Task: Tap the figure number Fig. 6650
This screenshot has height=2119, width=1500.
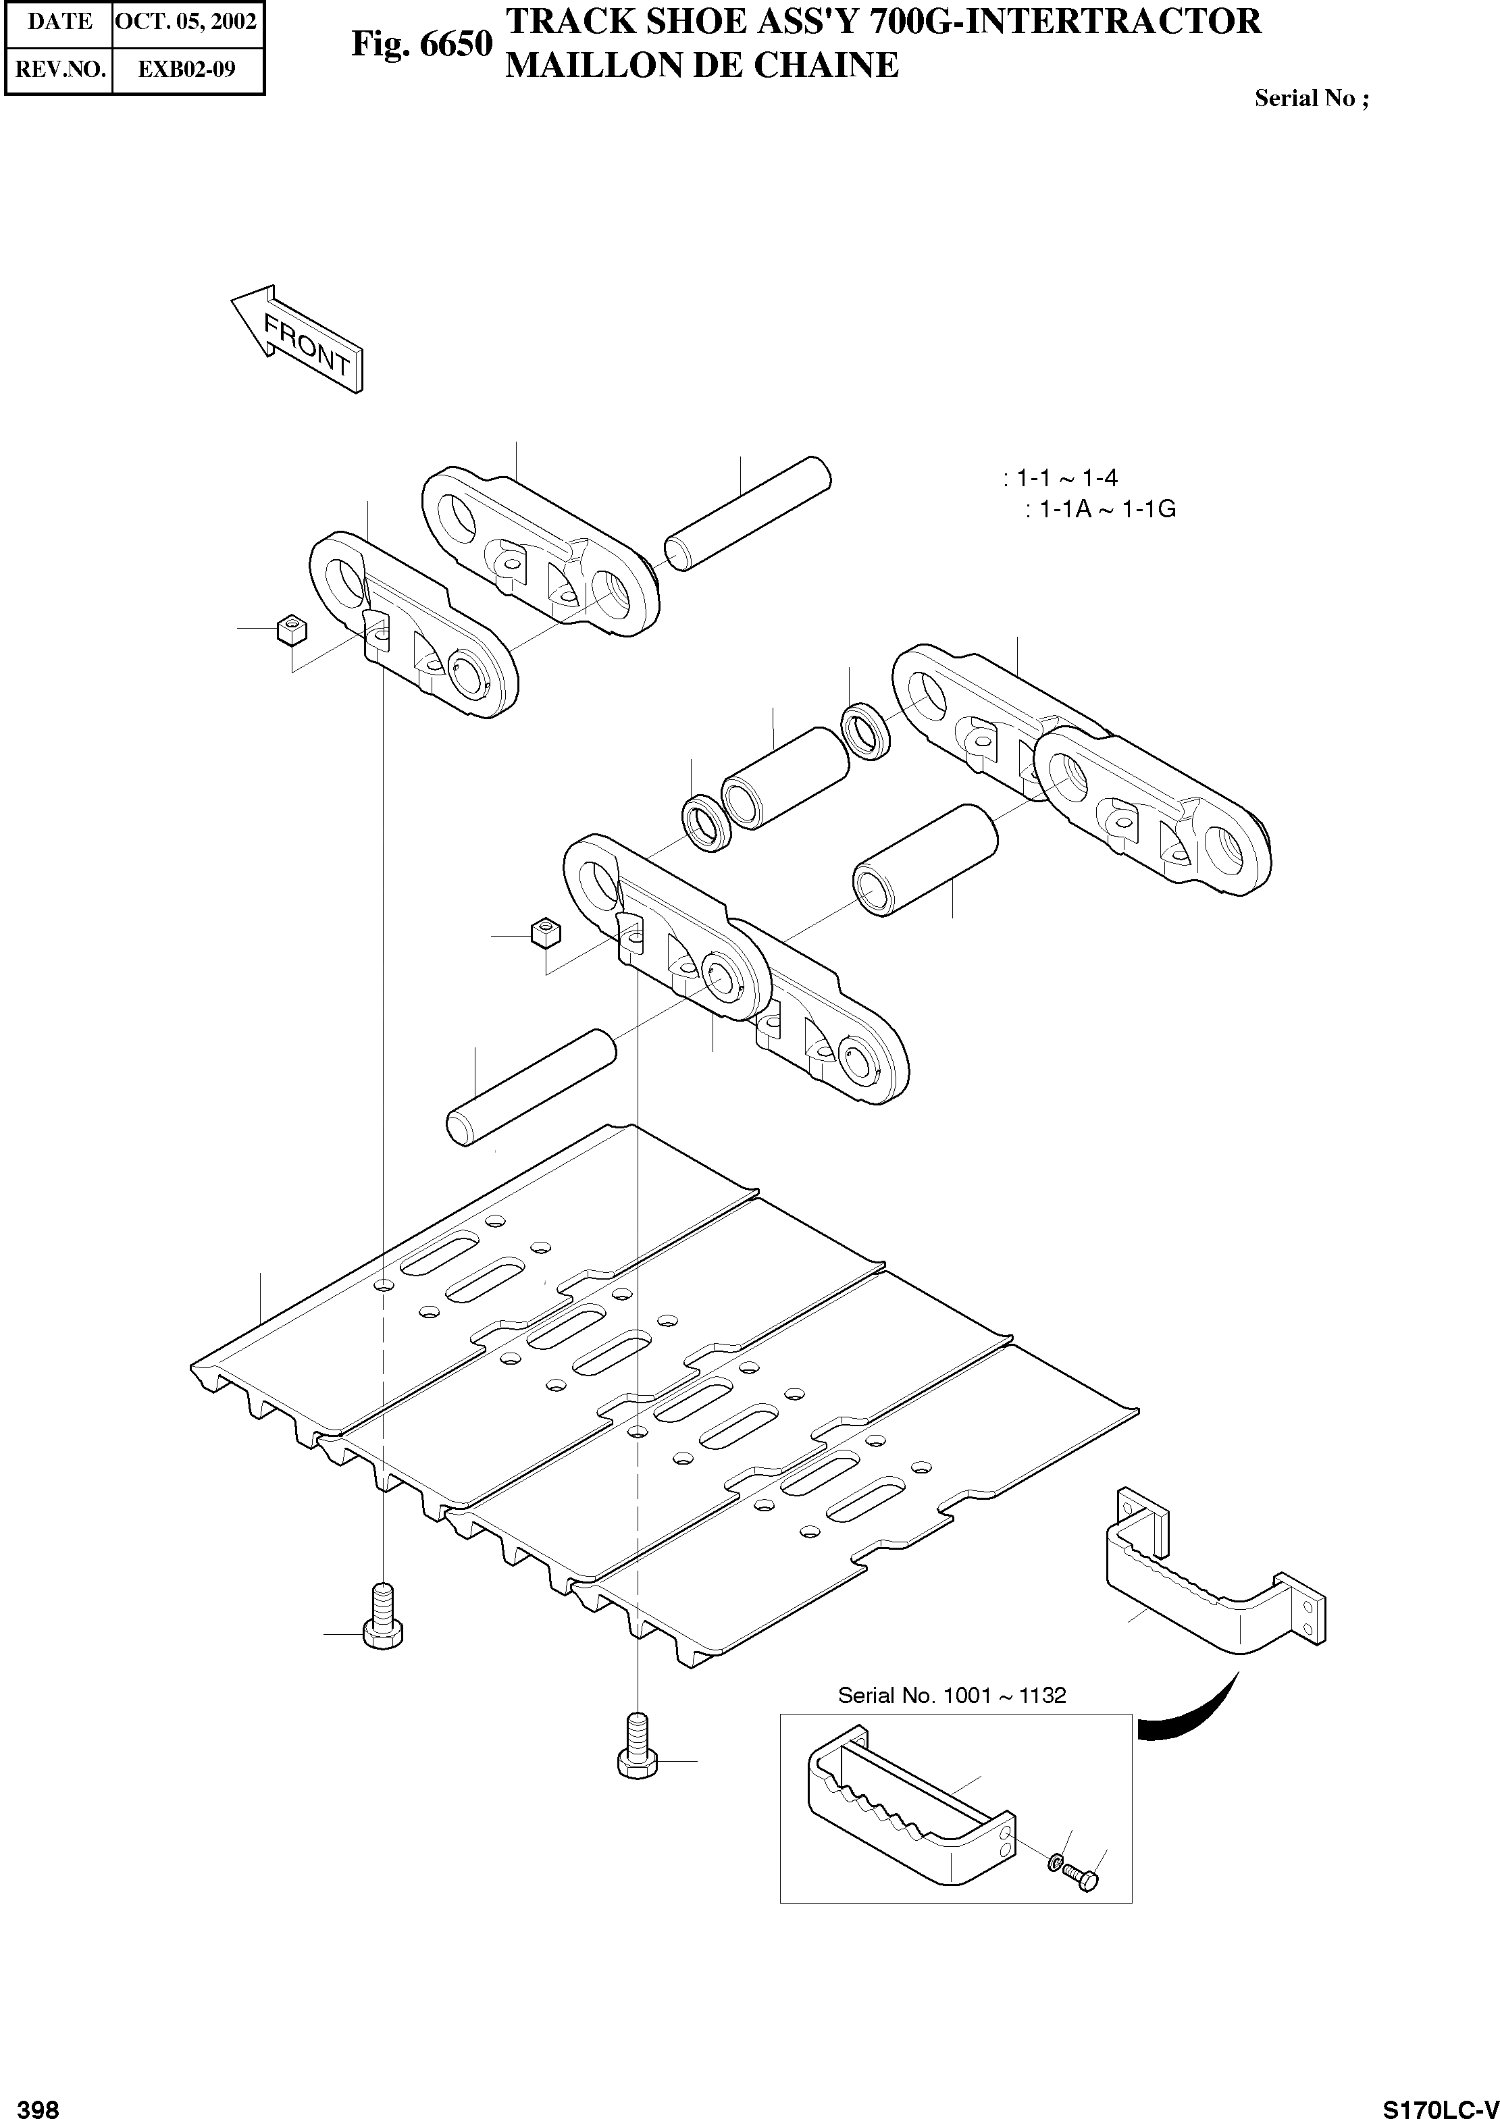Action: point(421,45)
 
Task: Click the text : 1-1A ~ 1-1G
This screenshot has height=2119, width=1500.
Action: point(1100,508)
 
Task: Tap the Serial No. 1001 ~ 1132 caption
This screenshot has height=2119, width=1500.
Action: point(952,1695)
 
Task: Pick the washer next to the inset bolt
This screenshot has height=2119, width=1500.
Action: point(1055,1862)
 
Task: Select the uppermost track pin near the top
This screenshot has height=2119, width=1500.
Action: point(748,515)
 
